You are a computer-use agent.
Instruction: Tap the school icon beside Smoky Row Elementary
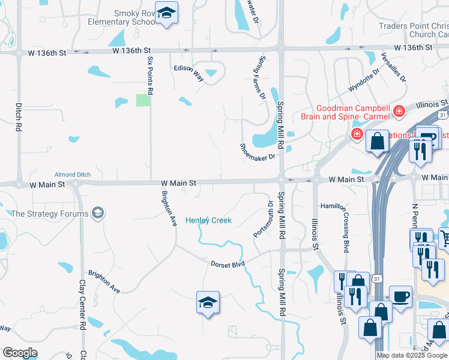(166, 13)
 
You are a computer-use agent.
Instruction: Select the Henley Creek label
(208, 221)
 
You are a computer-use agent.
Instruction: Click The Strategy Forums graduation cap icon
(97, 213)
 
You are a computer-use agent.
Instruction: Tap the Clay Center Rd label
(82, 305)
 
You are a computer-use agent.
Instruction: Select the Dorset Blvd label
(228, 264)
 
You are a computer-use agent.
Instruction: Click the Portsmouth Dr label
(264, 219)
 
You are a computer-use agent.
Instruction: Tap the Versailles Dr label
(394, 67)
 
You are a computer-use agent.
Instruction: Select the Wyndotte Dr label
(364, 79)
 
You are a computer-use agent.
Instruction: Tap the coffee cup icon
(400, 296)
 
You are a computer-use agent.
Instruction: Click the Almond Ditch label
(72, 175)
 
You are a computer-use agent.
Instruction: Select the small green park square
(142, 100)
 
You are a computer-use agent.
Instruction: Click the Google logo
(20, 353)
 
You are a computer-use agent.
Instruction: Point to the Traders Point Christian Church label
(413, 30)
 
